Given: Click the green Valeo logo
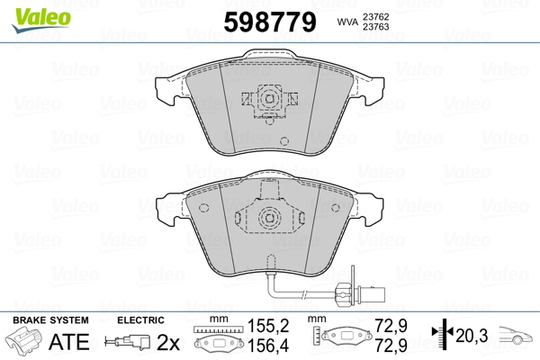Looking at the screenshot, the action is (41, 20).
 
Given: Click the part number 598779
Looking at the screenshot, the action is (270, 22).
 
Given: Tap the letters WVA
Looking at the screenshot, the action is (347, 22).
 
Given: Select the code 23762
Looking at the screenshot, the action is (375, 16).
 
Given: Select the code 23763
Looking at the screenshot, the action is (375, 27).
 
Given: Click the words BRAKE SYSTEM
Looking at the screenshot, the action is (50, 320).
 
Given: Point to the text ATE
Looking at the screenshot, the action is (69, 341).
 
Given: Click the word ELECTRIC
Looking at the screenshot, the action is (140, 320).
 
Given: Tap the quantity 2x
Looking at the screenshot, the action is (168, 342).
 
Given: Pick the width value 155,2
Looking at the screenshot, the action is (268, 326).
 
